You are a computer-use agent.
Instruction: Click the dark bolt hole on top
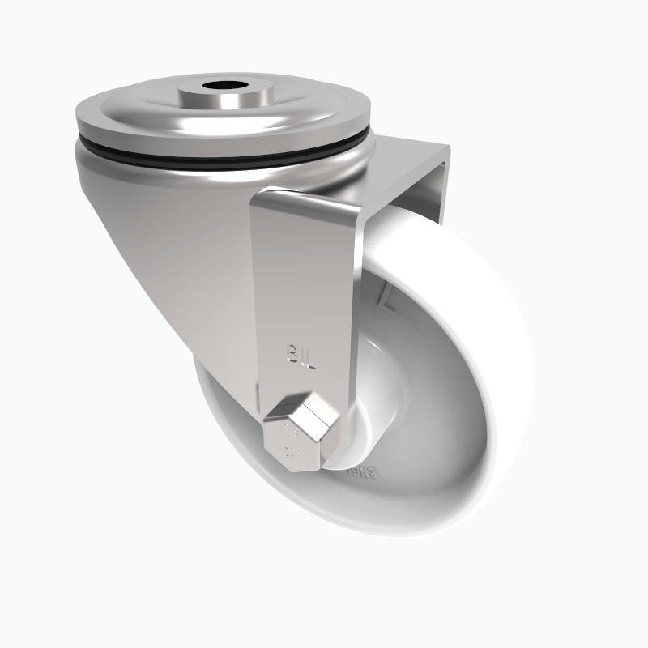click(x=220, y=84)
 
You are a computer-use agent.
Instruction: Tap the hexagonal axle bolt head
click(x=297, y=437)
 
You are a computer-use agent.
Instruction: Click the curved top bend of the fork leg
click(x=308, y=202)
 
